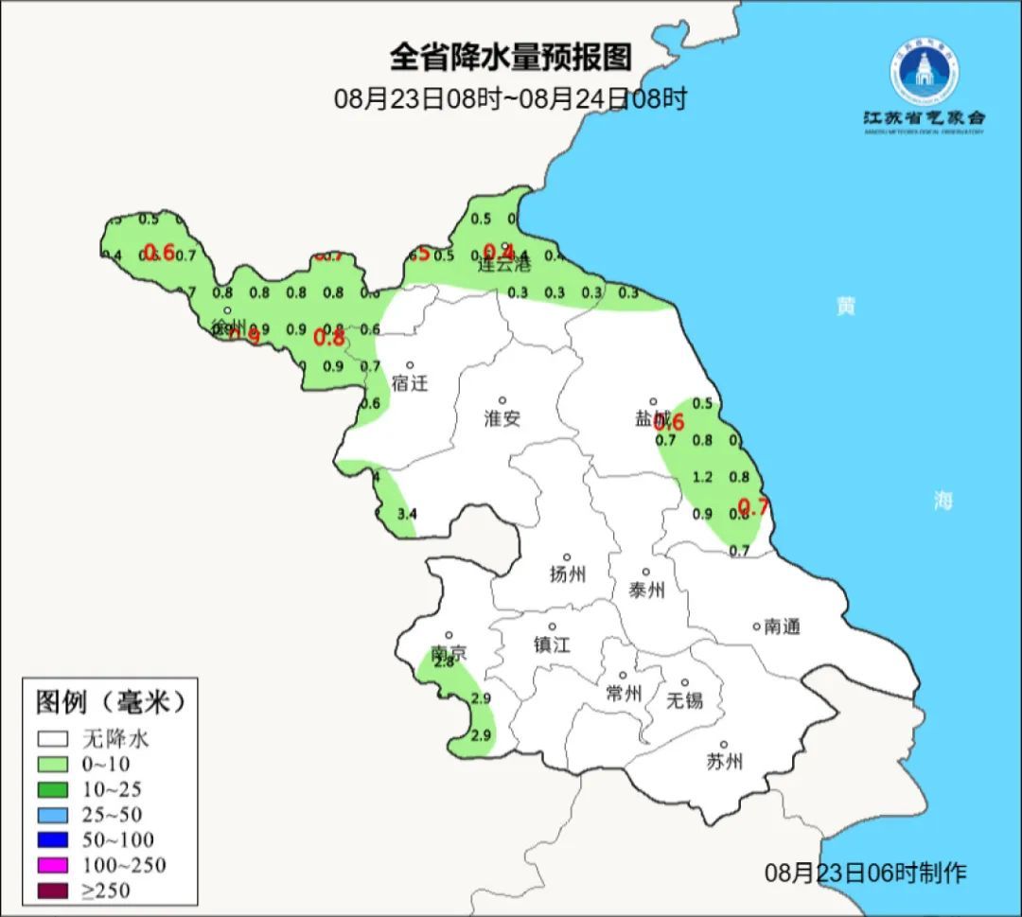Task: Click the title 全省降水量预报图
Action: pos(510,58)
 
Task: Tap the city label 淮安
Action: pos(502,418)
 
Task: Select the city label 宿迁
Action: pos(410,383)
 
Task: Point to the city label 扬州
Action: pos(568,573)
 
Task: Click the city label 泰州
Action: pos(646,591)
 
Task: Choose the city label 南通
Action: pos(782,626)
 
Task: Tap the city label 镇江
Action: pos(552,644)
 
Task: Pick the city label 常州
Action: pos(624,694)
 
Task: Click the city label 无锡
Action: pos(684,700)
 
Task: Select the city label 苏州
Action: pos(724,762)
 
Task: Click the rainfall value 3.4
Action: pos(406,514)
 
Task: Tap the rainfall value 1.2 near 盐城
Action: pos(702,477)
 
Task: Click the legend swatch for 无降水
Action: pos(53,738)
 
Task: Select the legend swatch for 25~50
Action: pos(53,814)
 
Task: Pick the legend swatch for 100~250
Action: pos(53,864)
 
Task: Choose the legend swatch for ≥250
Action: pos(53,890)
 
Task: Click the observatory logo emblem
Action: pos(923,72)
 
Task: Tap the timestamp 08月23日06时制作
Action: pos(865,873)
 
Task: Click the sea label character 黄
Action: pos(845,306)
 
